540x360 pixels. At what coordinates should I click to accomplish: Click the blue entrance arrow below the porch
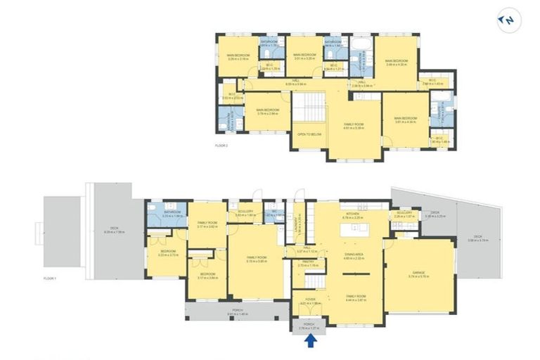pos(309,342)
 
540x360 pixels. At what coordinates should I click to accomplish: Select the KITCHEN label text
pos(352,214)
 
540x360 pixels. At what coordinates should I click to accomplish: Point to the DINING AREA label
pos(353,256)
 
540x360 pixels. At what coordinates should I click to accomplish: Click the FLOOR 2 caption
pos(224,146)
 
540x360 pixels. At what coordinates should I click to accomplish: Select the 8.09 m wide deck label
pos(114,229)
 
